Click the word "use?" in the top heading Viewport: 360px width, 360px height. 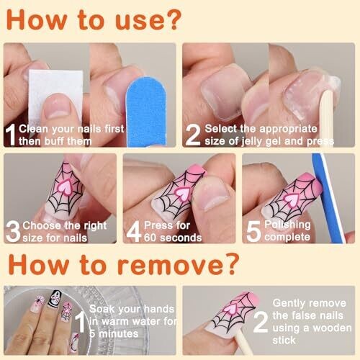[148, 20]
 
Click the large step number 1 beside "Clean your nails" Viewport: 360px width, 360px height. [11, 135]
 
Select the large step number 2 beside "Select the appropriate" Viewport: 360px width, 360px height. [193, 135]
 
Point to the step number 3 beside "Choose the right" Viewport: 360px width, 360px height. [13, 231]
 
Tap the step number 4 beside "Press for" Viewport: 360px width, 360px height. [134, 231]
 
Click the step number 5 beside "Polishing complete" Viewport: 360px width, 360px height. [253, 231]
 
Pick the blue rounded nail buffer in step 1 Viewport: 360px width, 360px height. [146, 112]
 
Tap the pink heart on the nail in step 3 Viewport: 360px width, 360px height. [65, 187]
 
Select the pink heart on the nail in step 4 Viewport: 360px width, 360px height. [182, 194]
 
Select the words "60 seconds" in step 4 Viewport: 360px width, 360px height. [173, 238]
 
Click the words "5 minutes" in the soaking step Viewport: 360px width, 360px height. [114, 334]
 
